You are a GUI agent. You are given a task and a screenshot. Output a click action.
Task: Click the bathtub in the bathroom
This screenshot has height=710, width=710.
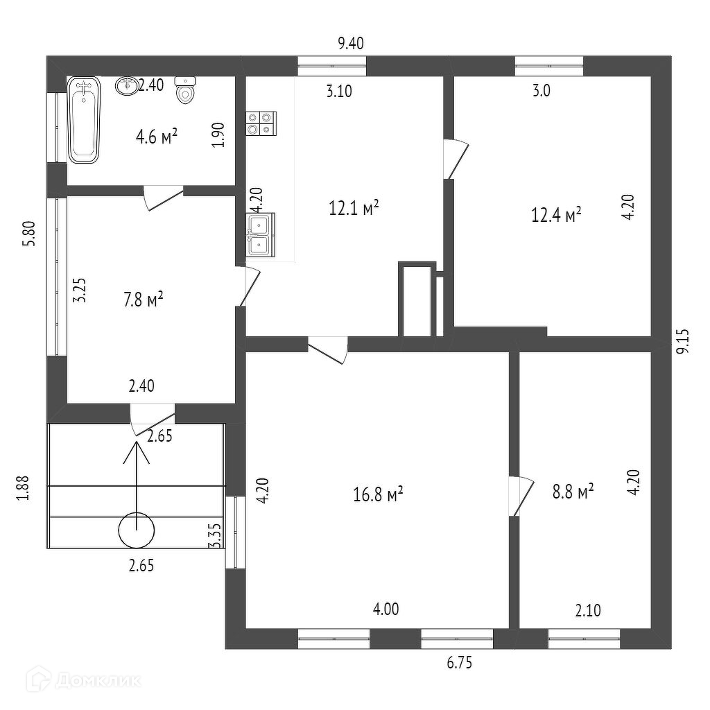click(x=84, y=119)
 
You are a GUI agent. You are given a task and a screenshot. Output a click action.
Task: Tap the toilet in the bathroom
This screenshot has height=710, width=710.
click(x=185, y=90)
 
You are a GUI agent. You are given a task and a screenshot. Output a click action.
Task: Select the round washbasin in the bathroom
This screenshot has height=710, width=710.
click(x=127, y=86)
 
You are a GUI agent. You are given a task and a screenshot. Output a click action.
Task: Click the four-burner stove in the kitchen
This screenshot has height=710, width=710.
click(x=261, y=123)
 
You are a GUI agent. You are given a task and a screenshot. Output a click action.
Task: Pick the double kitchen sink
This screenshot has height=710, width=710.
click(x=261, y=234)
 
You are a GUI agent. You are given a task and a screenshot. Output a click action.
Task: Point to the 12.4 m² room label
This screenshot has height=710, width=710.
click(x=556, y=215)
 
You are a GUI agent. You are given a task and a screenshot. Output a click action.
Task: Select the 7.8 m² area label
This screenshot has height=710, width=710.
click(x=144, y=300)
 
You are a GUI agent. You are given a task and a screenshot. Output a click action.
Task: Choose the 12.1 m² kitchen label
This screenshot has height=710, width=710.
click(x=354, y=207)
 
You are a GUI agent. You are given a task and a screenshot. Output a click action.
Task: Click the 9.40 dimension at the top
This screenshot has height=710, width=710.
click(x=351, y=44)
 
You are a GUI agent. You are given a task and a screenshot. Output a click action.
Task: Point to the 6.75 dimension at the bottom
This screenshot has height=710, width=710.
click(x=460, y=663)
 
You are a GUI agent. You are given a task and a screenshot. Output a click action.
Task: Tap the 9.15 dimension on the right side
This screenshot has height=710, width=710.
click(x=684, y=342)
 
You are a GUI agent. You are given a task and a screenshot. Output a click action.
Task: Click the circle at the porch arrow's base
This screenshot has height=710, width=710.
click(x=137, y=531)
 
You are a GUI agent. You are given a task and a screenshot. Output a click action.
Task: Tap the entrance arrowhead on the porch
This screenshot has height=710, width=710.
click(x=137, y=451)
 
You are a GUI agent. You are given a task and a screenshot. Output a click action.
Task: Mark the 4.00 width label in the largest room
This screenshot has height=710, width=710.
click(x=386, y=609)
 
